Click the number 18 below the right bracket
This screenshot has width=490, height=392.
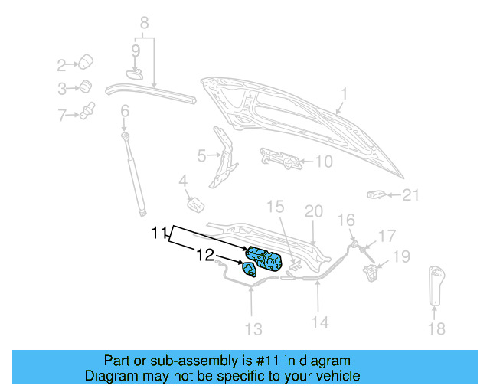click(x=435, y=329)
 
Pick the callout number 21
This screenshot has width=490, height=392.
click(x=412, y=195)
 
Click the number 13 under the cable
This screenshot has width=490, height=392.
click(x=253, y=329)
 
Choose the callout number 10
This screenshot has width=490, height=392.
click(x=324, y=162)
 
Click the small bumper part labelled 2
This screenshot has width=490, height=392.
click(x=87, y=61)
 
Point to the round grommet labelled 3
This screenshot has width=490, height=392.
click(x=87, y=87)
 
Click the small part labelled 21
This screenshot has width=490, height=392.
click(x=376, y=194)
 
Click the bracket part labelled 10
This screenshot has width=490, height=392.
click(x=280, y=159)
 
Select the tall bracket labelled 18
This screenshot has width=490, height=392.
click(x=436, y=283)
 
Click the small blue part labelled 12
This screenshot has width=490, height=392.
click(x=249, y=269)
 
